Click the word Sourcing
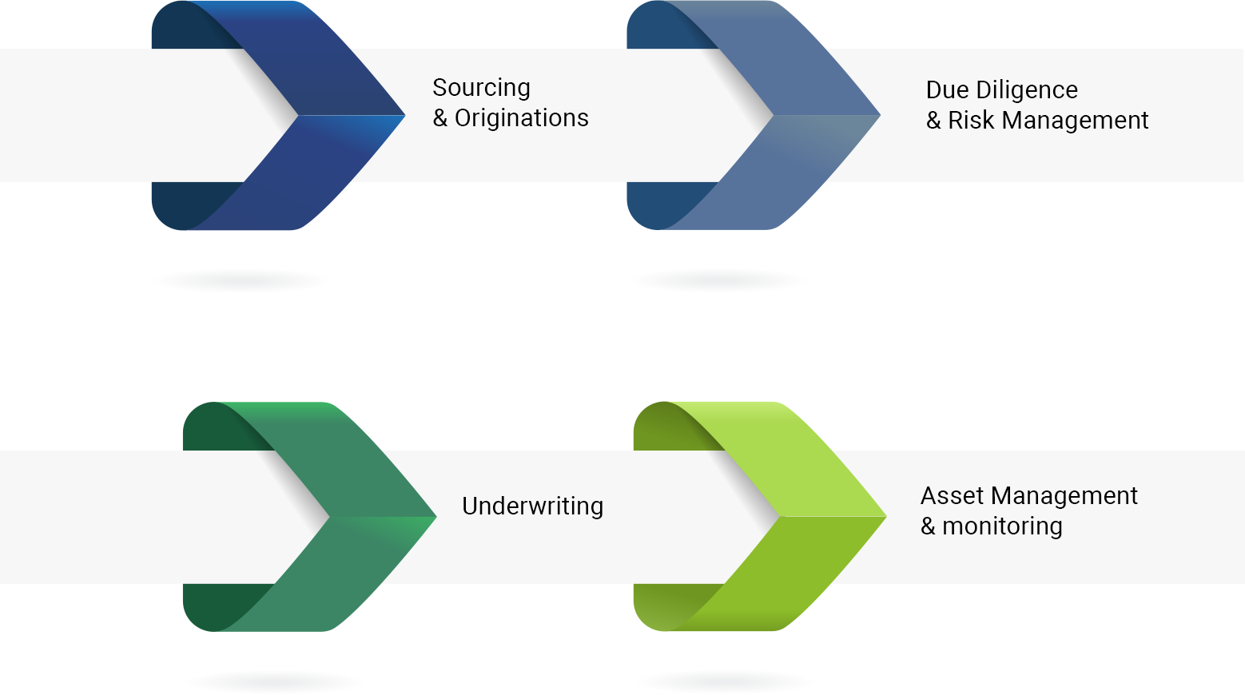click(481, 89)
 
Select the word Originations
click(521, 117)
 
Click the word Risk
click(971, 120)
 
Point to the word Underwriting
click(532, 506)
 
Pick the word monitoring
click(1002, 526)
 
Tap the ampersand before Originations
click(440, 117)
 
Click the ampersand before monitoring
click(928, 526)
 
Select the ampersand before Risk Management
click(933, 120)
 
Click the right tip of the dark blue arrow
click(404, 116)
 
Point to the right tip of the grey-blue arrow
click(880, 116)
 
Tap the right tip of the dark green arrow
click(436, 517)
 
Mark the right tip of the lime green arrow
click(886, 517)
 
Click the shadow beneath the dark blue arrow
click(243, 280)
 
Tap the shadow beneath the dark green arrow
click(275, 681)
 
